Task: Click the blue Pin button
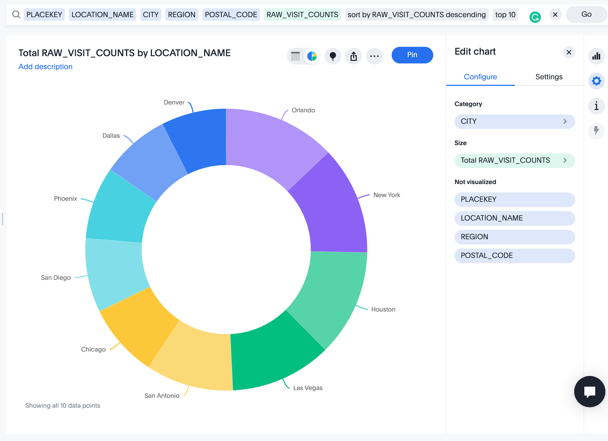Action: (x=412, y=55)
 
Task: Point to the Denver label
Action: (x=174, y=102)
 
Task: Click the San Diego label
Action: (x=56, y=277)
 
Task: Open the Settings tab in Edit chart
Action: (x=549, y=77)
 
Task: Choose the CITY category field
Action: (x=514, y=121)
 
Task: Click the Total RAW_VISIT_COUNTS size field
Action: (x=514, y=161)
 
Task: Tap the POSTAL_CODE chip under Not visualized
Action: (x=514, y=256)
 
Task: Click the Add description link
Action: (x=45, y=67)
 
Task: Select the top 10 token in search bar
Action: (x=505, y=15)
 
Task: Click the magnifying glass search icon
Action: (x=16, y=14)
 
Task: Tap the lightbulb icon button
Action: (x=333, y=56)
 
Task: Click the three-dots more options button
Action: (x=374, y=56)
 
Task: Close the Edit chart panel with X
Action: (x=569, y=52)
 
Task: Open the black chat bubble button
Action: (x=590, y=391)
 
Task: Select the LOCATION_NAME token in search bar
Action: (x=102, y=15)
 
